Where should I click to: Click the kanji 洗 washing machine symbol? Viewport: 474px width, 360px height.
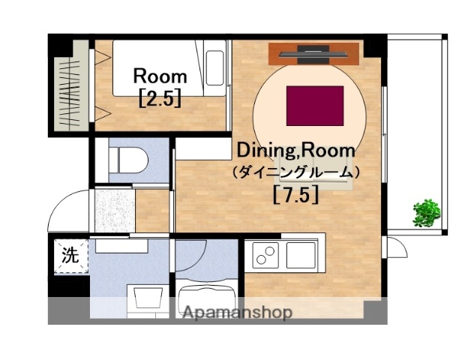(x=69, y=254)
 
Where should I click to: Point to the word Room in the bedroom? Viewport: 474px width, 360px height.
(x=160, y=76)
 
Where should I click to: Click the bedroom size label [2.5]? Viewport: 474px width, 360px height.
(x=160, y=98)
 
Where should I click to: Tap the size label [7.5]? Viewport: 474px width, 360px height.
(x=295, y=195)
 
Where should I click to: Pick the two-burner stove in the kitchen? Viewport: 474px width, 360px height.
(x=264, y=256)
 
